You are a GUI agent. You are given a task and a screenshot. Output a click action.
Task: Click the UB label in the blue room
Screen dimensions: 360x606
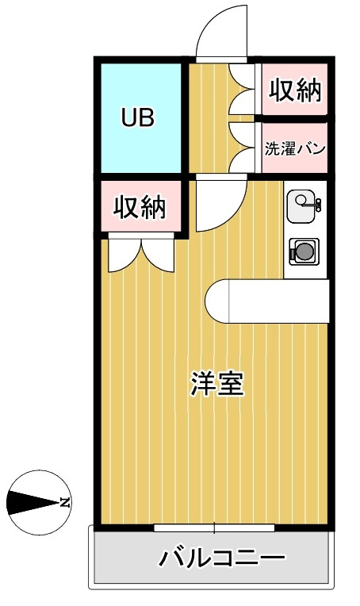[x=138, y=117]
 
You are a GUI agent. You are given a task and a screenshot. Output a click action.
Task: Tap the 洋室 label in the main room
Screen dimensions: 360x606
[x=217, y=384]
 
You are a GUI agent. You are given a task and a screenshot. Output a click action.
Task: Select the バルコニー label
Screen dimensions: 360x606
[x=223, y=558]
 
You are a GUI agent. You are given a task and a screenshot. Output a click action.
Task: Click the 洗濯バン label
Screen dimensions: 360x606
[x=295, y=149]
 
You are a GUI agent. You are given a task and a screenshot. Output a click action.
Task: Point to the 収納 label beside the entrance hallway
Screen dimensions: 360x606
[x=295, y=90]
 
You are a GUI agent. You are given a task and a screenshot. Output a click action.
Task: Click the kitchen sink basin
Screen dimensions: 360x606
[x=301, y=206]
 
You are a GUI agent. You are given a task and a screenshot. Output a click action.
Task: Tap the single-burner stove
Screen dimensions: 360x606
[x=304, y=251]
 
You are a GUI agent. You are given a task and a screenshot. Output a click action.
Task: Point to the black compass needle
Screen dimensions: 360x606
[x=33, y=503]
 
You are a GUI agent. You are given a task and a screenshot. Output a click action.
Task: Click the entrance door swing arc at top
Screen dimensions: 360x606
[x=221, y=31]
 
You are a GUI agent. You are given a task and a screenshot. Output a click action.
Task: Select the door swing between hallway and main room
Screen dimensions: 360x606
[x=221, y=203]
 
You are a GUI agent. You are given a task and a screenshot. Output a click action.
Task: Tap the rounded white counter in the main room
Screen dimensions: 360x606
[x=267, y=301]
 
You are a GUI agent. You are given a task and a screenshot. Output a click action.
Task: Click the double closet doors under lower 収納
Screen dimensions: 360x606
[x=141, y=255]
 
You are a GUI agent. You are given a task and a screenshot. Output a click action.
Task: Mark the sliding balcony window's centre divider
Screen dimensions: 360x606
[x=215, y=527]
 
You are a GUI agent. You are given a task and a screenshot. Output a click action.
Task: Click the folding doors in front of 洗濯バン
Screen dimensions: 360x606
[x=242, y=148]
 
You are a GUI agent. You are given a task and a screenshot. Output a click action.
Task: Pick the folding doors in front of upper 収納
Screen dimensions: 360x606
[x=242, y=90]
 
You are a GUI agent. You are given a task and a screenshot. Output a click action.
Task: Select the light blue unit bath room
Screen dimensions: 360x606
[x=141, y=118]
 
